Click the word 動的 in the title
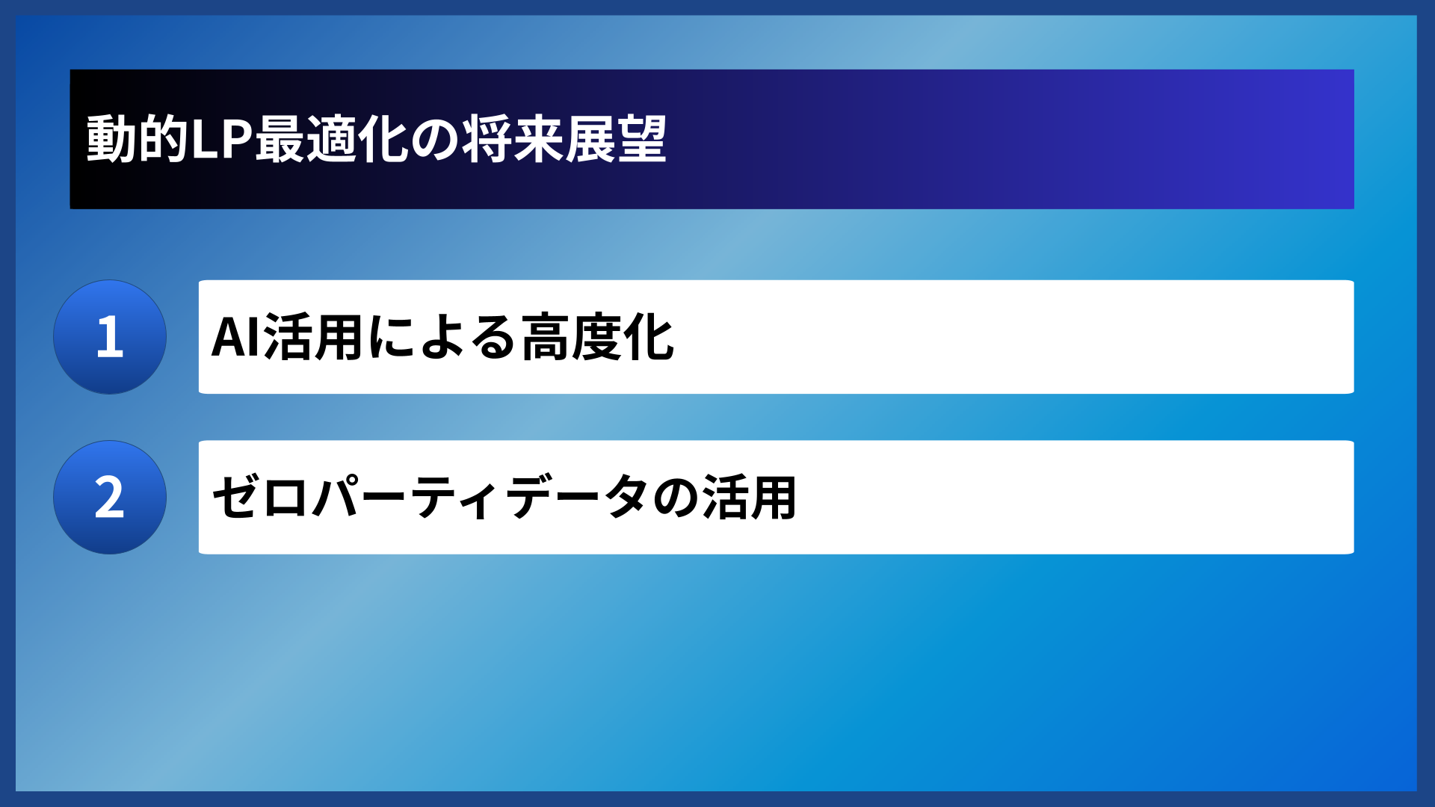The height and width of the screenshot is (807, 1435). pos(137,140)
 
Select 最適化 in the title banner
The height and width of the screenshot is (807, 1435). pos(332,140)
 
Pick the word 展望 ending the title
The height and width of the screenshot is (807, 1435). pos(615,140)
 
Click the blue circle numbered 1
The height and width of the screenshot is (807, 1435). pos(110,337)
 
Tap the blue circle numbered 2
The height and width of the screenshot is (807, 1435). pos(110,497)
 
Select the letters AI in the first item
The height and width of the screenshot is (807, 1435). pos(235,338)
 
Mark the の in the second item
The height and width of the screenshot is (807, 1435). pos(675,498)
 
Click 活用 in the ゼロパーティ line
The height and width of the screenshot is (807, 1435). pos(749,498)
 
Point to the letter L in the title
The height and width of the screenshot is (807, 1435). pos(205,140)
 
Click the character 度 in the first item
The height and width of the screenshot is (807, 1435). pos(597,338)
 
